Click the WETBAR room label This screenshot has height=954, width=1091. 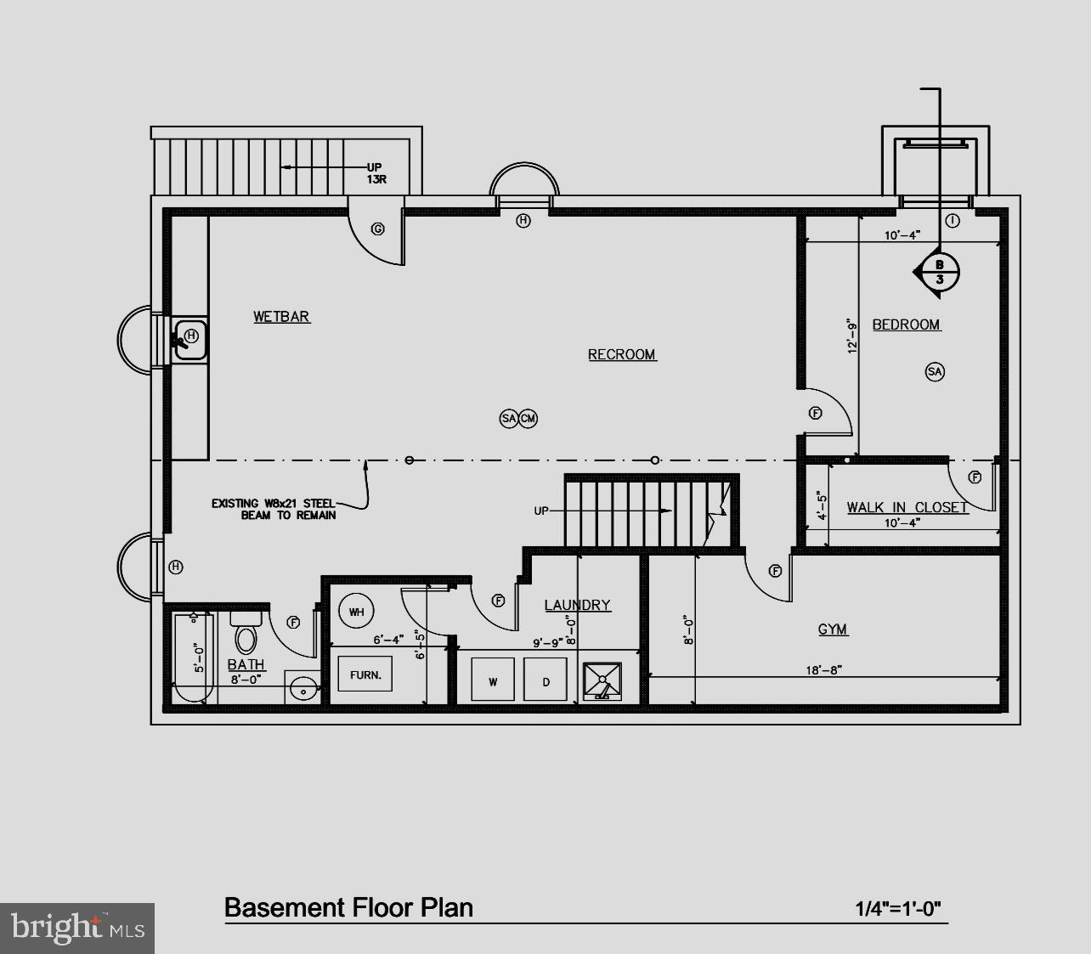(281, 317)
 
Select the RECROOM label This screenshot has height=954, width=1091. (622, 354)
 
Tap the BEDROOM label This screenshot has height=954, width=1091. (906, 325)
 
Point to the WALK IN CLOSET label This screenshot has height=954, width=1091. (907, 507)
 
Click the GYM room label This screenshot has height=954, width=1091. (833, 629)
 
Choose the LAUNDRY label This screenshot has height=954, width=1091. (577, 605)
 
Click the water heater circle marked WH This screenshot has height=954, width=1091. (356, 611)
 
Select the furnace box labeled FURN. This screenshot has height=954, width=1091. (365, 675)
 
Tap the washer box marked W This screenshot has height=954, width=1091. (493, 680)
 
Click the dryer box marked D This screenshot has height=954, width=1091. (545, 680)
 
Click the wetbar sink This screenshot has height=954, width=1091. (190, 341)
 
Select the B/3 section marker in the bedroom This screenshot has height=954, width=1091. (939, 272)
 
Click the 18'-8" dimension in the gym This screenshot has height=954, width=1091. (823, 670)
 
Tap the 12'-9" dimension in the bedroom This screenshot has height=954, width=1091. (852, 336)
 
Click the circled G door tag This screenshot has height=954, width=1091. (378, 229)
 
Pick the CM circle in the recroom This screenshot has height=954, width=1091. (528, 418)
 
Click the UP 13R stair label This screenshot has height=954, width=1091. (374, 173)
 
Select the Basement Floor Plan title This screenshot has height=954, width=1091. (348, 907)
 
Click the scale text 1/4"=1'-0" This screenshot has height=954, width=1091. (898, 909)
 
